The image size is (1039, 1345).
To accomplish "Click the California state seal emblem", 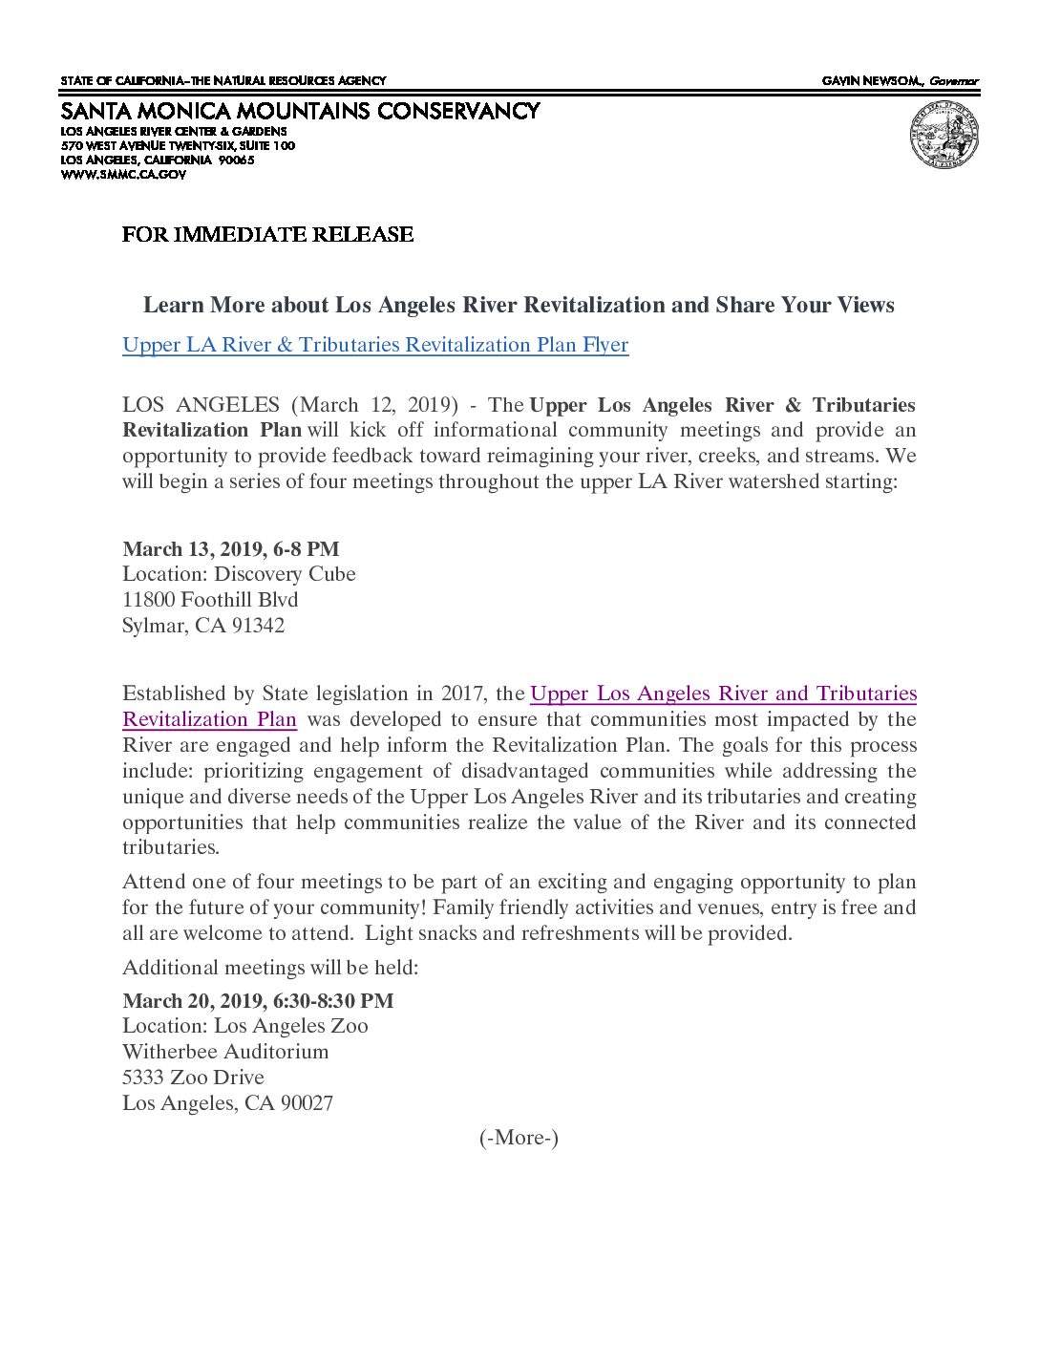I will tap(944, 136).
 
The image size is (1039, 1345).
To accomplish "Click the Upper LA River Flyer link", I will tap(375, 345).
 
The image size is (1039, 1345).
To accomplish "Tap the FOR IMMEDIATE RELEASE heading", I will tap(267, 235).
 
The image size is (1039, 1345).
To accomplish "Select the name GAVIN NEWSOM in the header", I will tap(872, 81).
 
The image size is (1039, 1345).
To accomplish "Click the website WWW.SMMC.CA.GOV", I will tap(123, 175).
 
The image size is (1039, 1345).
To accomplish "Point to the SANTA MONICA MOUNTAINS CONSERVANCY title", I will tap(300, 112).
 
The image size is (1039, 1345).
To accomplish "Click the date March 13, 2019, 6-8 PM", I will tap(231, 549).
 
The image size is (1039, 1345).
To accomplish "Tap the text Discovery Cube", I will tap(285, 574).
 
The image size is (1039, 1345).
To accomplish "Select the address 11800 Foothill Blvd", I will tap(210, 600).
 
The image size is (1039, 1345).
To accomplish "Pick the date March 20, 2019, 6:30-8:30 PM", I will tap(258, 1001).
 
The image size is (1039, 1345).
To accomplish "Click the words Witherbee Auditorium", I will tap(225, 1052).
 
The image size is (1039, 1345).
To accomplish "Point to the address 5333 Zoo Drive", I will tap(193, 1078).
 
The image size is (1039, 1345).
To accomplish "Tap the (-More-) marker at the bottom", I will tap(519, 1138).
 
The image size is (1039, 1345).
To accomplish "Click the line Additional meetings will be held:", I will tap(270, 968).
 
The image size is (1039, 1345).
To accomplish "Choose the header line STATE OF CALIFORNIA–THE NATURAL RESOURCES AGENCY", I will tap(223, 81).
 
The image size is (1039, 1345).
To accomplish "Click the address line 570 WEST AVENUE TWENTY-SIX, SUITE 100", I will tap(178, 146).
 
